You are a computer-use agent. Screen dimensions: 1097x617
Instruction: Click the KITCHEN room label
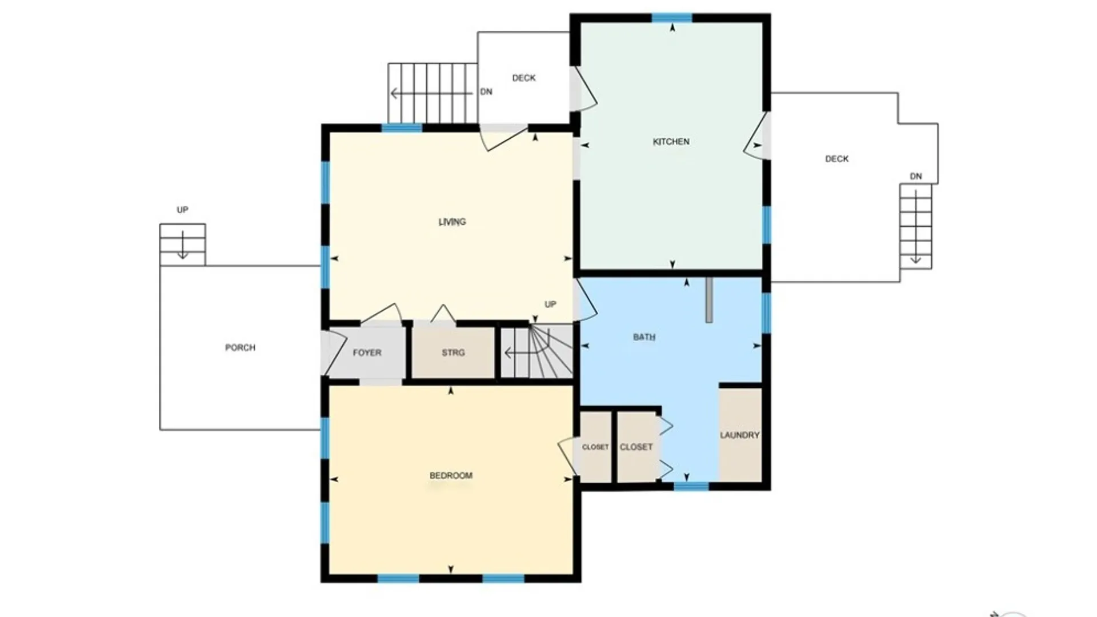(671, 142)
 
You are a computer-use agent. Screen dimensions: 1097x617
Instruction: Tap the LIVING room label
(452, 222)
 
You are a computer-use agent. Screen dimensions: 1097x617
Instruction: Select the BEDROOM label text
(451, 475)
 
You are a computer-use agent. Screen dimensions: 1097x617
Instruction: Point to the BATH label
(644, 337)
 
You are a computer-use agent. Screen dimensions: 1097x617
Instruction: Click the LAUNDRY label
(739, 435)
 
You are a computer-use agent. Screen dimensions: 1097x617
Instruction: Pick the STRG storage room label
(453, 352)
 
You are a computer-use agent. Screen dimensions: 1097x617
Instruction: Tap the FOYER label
(367, 352)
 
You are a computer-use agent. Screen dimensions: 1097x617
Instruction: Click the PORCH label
(240, 347)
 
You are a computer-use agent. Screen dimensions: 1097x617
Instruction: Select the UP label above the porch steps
(182, 210)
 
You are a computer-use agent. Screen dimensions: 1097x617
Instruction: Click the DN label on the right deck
(916, 176)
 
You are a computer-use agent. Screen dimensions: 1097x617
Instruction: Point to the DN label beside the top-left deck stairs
(486, 91)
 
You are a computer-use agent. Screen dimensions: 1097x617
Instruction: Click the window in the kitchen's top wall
(672, 18)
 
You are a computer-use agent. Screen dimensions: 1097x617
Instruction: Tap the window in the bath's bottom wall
(691, 486)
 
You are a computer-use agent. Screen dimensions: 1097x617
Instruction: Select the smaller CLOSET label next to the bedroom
(595, 447)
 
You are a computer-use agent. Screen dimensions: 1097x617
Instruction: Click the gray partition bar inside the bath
(709, 300)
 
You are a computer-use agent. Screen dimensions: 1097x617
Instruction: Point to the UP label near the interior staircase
(550, 304)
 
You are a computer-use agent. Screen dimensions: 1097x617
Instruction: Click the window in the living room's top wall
(402, 128)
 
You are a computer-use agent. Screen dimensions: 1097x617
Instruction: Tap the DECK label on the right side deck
(836, 159)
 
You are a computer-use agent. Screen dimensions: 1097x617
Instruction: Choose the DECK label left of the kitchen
(524, 78)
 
